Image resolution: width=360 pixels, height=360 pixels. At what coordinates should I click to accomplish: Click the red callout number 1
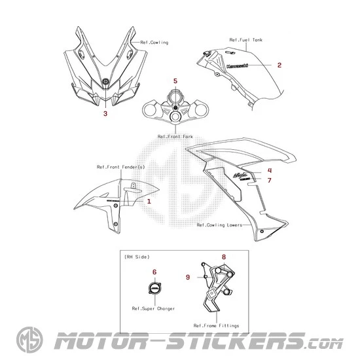pos(149,202)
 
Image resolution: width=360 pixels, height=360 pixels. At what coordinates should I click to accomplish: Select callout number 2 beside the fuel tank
pos(279,65)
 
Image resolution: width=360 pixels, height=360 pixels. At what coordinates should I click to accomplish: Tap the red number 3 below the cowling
pos(105,113)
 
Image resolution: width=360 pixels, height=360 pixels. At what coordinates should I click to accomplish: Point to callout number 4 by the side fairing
pos(270,170)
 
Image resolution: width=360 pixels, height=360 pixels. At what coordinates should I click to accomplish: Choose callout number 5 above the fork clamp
pos(175,81)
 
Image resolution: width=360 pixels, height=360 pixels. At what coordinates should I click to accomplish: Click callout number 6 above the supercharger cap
pos(154,272)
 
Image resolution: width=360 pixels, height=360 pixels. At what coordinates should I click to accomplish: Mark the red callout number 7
pos(270,180)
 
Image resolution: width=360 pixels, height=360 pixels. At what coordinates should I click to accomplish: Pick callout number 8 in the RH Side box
pos(224,257)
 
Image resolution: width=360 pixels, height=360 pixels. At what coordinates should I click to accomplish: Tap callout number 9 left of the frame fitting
pos(188,277)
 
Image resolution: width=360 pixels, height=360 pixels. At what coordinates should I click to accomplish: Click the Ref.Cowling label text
pos(154,43)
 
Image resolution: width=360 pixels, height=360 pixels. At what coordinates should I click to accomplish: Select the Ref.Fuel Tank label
pos(246,40)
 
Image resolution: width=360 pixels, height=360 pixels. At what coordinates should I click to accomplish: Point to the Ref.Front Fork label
pos(175,136)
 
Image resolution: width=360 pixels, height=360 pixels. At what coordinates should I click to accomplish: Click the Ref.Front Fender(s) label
pos(121,167)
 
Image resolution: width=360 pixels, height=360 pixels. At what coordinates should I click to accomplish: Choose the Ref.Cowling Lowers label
pos(219,225)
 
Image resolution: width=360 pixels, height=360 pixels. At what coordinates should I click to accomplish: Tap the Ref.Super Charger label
pos(153,308)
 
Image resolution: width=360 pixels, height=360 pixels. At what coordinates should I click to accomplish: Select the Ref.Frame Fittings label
pos(216,325)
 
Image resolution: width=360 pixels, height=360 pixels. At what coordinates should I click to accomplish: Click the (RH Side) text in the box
pos(137,257)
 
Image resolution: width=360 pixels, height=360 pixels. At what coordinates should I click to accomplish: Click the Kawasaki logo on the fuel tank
pos(237,66)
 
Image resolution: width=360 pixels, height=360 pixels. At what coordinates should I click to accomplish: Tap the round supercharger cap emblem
pos(155,288)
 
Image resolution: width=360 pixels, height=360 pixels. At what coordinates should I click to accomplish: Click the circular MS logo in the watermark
pos(29,340)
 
